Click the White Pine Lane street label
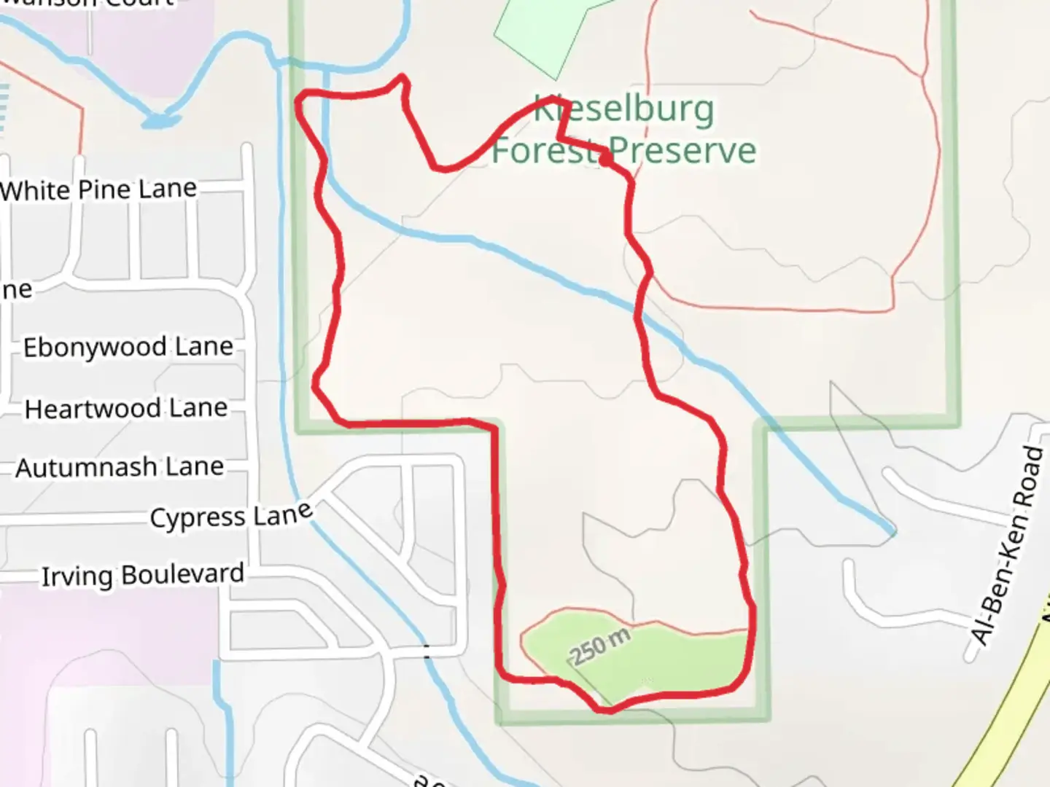(x=99, y=190)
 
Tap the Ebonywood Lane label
(x=128, y=347)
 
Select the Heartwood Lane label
(x=126, y=409)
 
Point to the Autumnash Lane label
(x=120, y=467)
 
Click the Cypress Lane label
(x=231, y=516)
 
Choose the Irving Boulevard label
(x=143, y=575)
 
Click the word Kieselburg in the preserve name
(x=624, y=109)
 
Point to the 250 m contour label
(x=600, y=646)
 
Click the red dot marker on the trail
(x=605, y=160)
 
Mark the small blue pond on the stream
(x=159, y=120)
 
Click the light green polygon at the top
(x=543, y=33)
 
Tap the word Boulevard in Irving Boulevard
(x=183, y=574)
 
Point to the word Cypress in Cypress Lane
(x=198, y=518)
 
